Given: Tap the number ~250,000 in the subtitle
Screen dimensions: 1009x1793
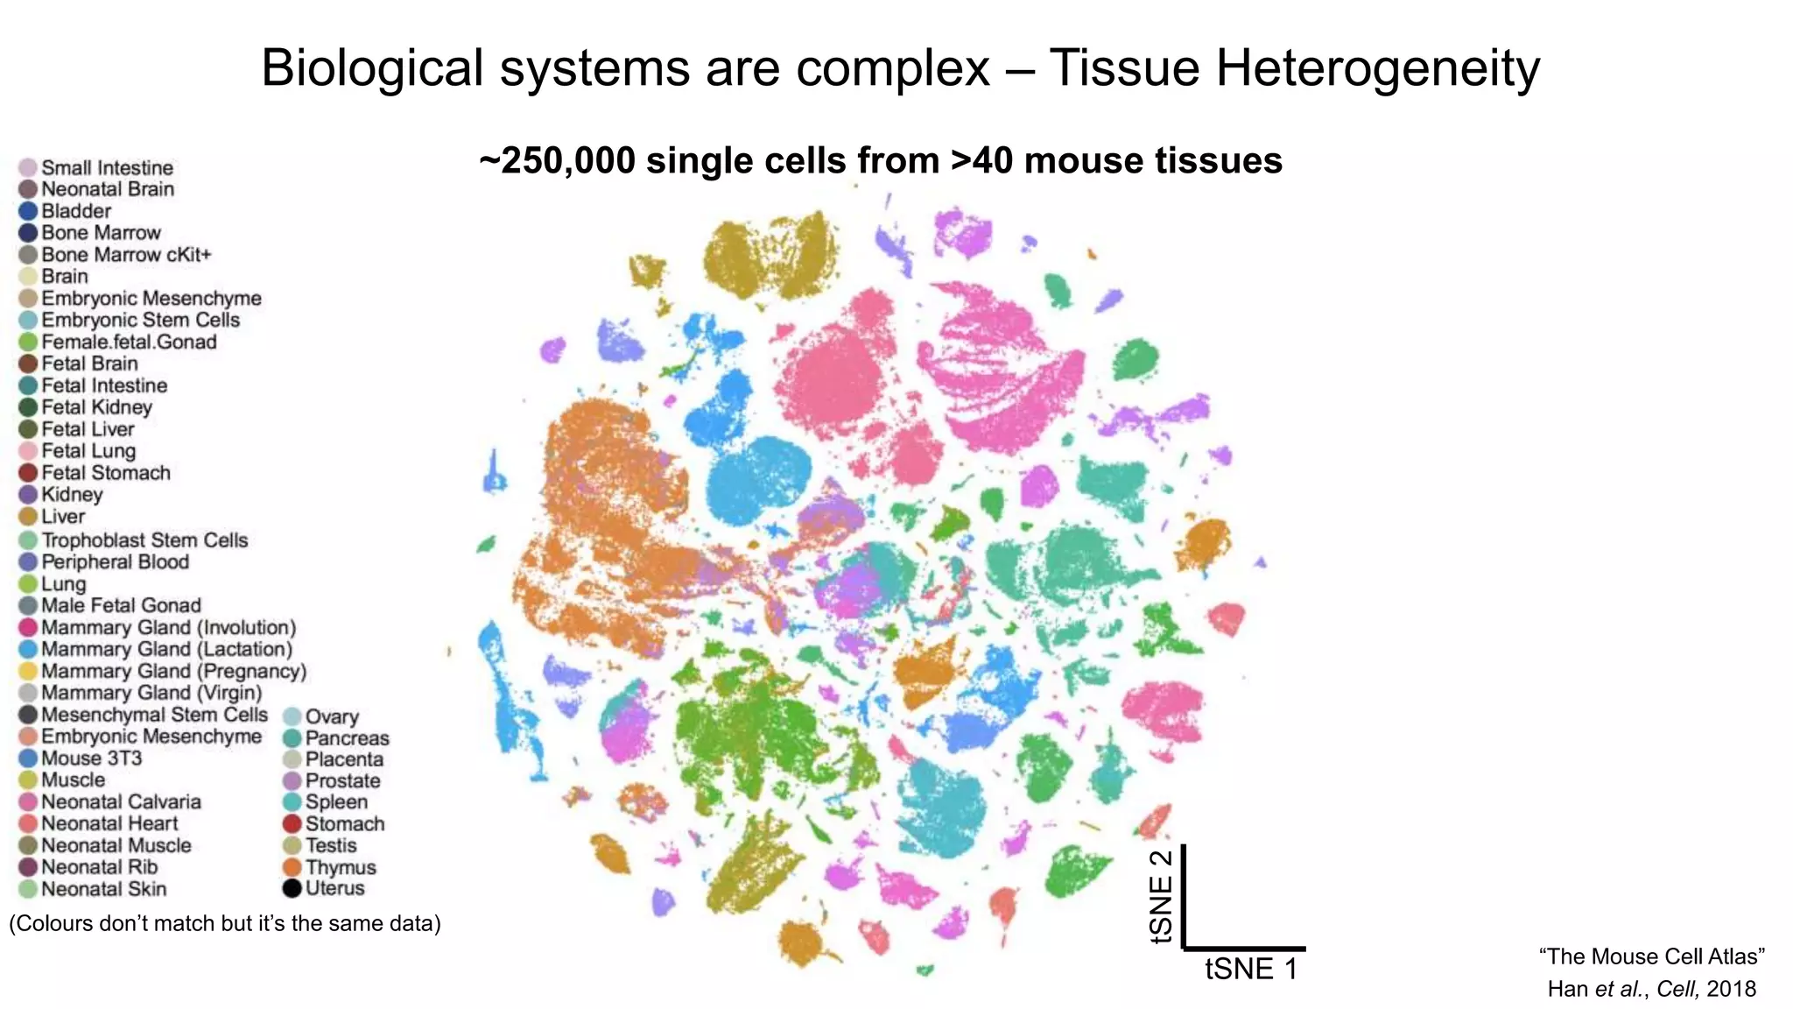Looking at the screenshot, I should pos(556,161).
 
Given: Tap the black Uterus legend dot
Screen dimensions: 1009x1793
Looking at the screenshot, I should pos(292,888).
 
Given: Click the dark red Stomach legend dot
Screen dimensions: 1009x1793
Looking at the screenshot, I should pos(292,823).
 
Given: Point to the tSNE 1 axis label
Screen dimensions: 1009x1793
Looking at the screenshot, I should pos(1250,969).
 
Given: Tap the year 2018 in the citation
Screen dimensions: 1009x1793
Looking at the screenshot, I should pos(1731,989).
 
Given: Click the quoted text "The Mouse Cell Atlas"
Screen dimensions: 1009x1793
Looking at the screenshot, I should pos(1651,956).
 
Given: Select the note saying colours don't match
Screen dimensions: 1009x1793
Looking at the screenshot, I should pos(224,923).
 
